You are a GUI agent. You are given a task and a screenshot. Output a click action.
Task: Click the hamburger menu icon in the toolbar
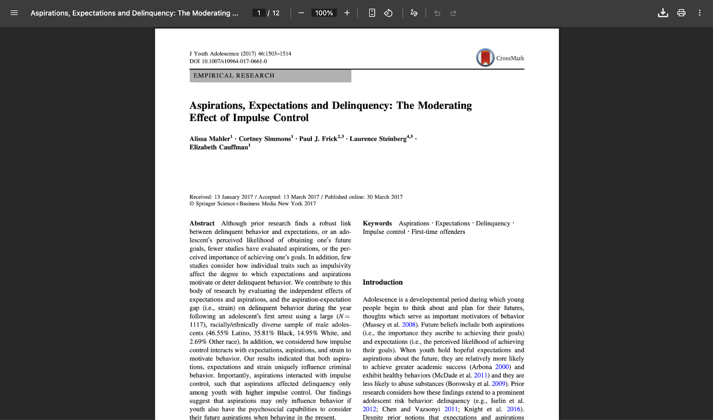(x=14, y=13)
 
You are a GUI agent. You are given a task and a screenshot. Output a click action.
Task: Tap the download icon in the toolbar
(x=663, y=13)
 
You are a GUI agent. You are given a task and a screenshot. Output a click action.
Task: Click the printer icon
(x=681, y=13)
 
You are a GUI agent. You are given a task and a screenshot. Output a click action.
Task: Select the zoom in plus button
(x=347, y=13)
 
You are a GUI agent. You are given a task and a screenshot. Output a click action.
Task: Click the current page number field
(x=259, y=13)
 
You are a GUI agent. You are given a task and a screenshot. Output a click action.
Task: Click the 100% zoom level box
(x=324, y=13)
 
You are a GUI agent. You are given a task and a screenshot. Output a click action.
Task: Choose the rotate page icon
(x=388, y=13)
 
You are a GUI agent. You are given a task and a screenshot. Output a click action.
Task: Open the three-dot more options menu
(x=700, y=13)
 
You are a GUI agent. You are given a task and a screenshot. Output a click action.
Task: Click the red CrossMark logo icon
(x=485, y=58)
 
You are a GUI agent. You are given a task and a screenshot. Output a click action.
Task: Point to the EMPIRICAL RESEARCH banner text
(x=234, y=76)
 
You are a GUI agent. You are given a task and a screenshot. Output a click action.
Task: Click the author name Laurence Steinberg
(x=378, y=139)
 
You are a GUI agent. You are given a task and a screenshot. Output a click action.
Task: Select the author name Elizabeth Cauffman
(x=219, y=147)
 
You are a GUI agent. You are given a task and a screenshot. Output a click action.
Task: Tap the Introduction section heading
(x=382, y=282)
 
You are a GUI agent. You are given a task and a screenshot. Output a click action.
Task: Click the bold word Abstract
(x=202, y=224)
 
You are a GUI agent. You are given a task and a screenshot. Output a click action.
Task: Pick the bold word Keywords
(x=377, y=224)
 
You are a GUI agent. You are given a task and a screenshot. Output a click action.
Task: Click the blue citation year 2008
(x=409, y=325)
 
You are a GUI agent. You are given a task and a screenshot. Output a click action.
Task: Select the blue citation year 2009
(x=498, y=384)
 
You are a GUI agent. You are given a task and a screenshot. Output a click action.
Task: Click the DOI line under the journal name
(x=228, y=61)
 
